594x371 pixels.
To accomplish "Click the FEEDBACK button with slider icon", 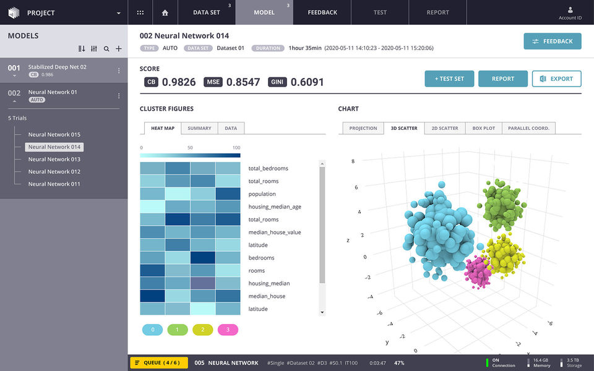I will pyautogui.click(x=552, y=41).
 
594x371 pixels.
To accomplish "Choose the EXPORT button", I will pyautogui.click(x=556, y=79).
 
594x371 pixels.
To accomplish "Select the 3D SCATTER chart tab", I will pyautogui.click(x=404, y=128).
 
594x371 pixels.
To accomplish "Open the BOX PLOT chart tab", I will pyautogui.click(x=483, y=128).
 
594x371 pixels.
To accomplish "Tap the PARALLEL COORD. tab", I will pyautogui.click(x=529, y=128).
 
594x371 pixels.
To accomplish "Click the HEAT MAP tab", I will pyautogui.click(x=163, y=128).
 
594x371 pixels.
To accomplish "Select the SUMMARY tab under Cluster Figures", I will pyautogui.click(x=199, y=128).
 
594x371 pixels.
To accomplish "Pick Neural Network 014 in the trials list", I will pyautogui.click(x=54, y=147).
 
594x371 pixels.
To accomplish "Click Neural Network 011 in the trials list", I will pyautogui.click(x=54, y=184).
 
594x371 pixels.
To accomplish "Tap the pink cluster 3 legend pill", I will pyautogui.click(x=228, y=330).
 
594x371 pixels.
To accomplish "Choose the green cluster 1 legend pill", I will pyautogui.click(x=177, y=330).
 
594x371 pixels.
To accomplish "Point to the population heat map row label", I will pyautogui.click(x=262, y=194).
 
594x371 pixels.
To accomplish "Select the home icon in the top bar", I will pyautogui.click(x=165, y=12).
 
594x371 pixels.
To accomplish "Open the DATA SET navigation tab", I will pyautogui.click(x=206, y=12).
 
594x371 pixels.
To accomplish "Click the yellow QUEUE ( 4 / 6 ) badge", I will pyautogui.click(x=158, y=363).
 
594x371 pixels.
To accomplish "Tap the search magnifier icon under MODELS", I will pyautogui.click(x=106, y=49).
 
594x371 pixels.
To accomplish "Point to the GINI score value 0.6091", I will pyautogui.click(x=307, y=82).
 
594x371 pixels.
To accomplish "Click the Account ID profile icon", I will pyautogui.click(x=570, y=11).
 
